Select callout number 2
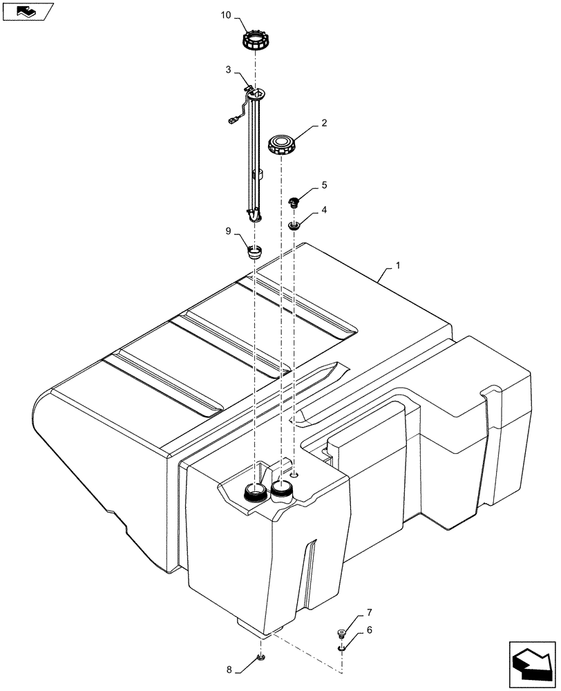pos(323,124)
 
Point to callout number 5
pos(323,186)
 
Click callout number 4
pos(323,208)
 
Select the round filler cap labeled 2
pos(282,146)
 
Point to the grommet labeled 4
pos(295,225)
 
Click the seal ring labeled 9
pos(256,251)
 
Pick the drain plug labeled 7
pos(341,632)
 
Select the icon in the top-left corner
pos(28,11)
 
